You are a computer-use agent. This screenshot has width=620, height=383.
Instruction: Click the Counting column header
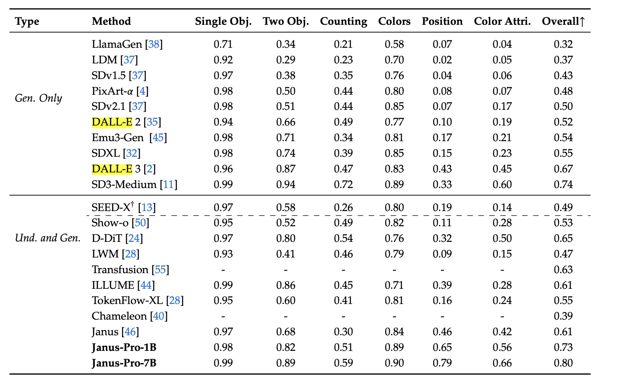pyautogui.click(x=343, y=21)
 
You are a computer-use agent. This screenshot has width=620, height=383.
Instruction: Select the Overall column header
pyautogui.click(x=563, y=21)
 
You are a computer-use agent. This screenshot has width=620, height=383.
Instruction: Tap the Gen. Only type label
pyautogui.click(x=38, y=98)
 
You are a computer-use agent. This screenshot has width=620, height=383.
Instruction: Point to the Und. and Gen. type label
pyautogui.click(x=48, y=238)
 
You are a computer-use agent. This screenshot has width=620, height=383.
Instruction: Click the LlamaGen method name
pyautogui.click(x=117, y=44)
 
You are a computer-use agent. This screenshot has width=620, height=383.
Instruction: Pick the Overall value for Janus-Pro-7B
pyautogui.click(x=563, y=363)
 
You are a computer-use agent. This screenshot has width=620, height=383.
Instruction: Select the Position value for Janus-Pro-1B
pyautogui.click(x=442, y=347)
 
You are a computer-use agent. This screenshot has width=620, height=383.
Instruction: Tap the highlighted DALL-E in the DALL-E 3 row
pyautogui.click(x=112, y=169)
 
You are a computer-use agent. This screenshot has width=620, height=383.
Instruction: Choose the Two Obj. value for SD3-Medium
pyautogui.click(x=286, y=185)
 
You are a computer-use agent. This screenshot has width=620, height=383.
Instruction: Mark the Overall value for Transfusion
pyautogui.click(x=563, y=270)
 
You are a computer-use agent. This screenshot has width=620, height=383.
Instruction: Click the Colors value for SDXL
pyautogui.click(x=394, y=153)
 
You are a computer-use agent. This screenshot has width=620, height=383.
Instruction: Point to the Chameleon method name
pyautogui.click(x=119, y=316)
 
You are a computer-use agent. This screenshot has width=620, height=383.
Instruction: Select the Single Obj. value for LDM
pyautogui.click(x=223, y=60)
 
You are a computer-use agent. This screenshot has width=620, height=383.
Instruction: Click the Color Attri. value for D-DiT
pyautogui.click(x=502, y=238)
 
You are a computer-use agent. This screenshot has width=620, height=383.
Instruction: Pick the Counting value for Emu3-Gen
pyautogui.click(x=343, y=138)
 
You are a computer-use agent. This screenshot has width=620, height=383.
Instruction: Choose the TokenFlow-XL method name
pyautogui.click(x=127, y=300)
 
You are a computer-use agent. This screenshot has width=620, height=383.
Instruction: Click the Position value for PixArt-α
pyautogui.click(x=442, y=91)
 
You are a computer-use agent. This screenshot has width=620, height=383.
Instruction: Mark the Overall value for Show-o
pyautogui.click(x=563, y=223)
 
